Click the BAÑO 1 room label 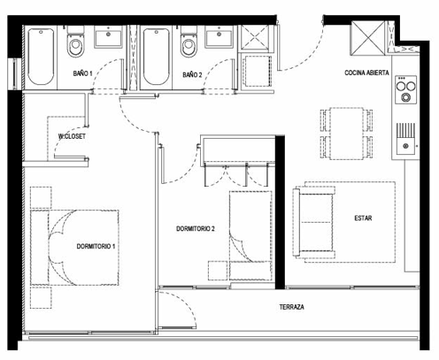click(83, 73)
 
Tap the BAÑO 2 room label click(192, 74)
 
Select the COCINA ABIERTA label click(366, 73)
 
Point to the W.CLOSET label click(72, 136)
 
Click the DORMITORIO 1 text click(96, 246)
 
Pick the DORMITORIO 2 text click(196, 228)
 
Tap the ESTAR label click(363, 218)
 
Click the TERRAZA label click(292, 307)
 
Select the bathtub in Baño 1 click(41, 57)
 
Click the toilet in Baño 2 click(189, 42)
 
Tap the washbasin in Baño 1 click(108, 37)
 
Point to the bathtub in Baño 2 click(157, 57)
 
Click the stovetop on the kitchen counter click(406, 89)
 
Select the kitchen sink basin click(406, 145)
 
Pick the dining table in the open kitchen click(346, 134)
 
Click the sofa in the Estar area click(314, 222)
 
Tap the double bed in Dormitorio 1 click(74, 248)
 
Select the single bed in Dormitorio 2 click(250, 235)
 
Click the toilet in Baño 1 click(75, 42)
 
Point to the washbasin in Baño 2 click(219, 36)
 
